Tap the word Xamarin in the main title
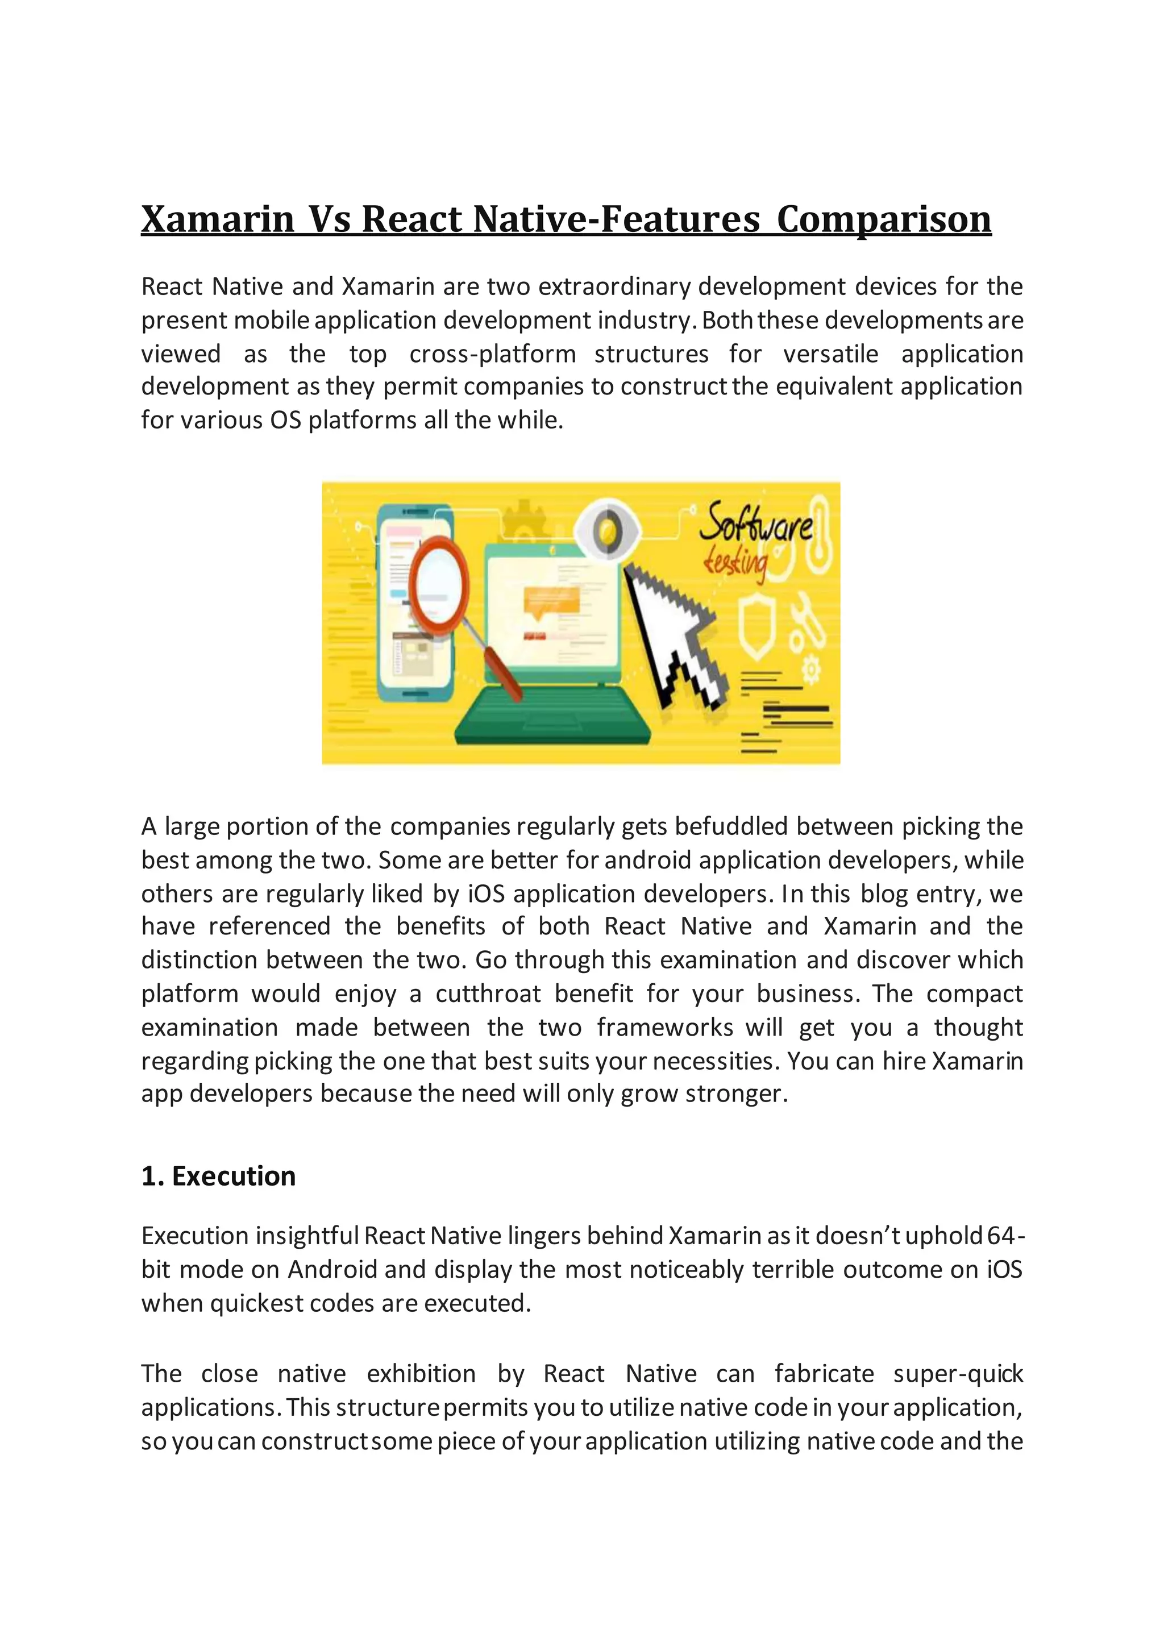(x=217, y=219)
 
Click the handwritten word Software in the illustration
(x=755, y=523)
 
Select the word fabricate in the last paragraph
(x=824, y=1374)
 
